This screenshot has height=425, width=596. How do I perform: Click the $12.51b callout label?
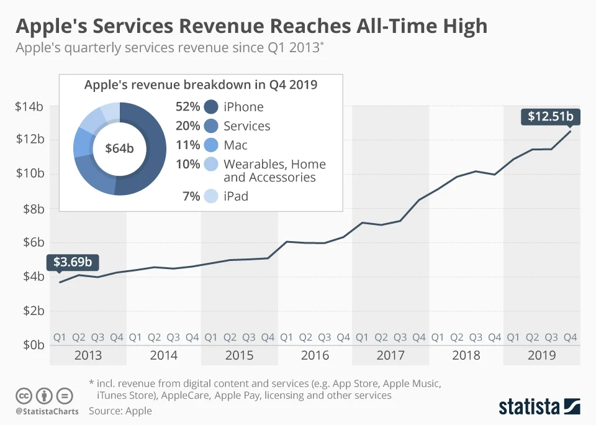[x=550, y=116]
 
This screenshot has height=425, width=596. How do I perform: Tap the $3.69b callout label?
[x=73, y=262]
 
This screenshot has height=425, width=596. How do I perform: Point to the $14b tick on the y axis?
[x=29, y=106]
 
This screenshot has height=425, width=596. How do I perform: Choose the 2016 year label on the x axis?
[x=315, y=355]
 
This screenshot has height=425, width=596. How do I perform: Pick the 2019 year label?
[x=541, y=355]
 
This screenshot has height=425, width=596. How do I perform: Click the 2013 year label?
[x=88, y=355]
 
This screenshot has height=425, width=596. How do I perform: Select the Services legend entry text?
[x=246, y=126]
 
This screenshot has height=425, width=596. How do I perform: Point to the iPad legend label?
[x=236, y=196]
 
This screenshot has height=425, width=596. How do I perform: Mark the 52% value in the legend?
[x=187, y=107]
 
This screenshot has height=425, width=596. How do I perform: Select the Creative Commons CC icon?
[x=24, y=396]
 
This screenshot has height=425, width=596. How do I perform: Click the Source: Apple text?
[x=120, y=411]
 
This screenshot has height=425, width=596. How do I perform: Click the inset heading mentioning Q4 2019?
[x=201, y=85]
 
